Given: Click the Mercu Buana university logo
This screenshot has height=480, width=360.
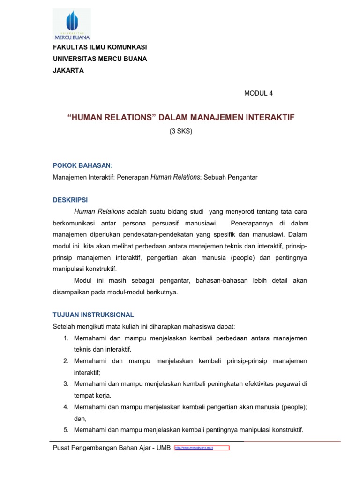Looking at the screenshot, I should pos(72,25).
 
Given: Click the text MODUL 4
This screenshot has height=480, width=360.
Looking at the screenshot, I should pos(258,93).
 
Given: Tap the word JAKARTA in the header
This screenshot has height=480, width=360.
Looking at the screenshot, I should pos(68,70).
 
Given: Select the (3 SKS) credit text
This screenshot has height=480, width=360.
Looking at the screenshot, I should pos(181,131).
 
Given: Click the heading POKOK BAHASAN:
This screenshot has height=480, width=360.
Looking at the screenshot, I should pos(82,165).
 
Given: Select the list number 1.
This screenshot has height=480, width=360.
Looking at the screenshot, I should pos(66,338).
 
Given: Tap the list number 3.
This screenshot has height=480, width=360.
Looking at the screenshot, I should pos(66,384).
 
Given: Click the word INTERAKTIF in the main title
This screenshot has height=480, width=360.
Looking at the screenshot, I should pos(268,117).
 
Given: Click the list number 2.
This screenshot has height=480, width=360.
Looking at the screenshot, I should pos(66,361).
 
